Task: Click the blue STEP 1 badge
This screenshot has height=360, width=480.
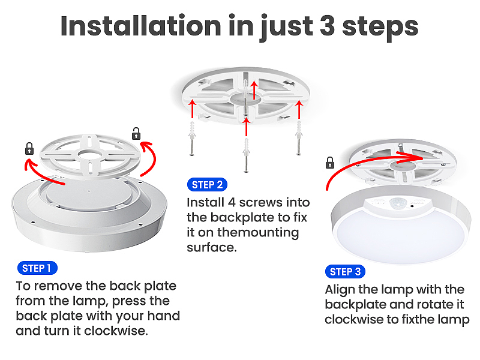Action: pyautogui.click(x=37, y=268)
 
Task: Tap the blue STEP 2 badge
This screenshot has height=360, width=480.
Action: pyautogui.click(x=207, y=185)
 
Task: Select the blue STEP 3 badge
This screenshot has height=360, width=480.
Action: pyautogui.click(x=345, y=272)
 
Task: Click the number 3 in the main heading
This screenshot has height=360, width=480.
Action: pyautogui.click(x=327, y=26)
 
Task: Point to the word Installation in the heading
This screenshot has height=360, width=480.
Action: pyautogui.click(x=141, y=26)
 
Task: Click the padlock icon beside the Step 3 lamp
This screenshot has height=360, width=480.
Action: pyautogui.click(x=329, y=163)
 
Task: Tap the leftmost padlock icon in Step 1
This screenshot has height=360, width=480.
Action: pyautogui.click(x=29, y=148)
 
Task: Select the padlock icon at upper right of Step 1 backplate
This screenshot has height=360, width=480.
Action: pyautogui.click(x=136, y=134)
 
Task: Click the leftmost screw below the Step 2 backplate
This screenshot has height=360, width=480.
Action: pyautogui.click(x=192, y=139)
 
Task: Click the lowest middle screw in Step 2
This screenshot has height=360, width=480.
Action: pyautogui.click(x=246, y=155)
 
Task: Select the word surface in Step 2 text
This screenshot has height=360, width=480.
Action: pyautogui.click(x=212, y=247)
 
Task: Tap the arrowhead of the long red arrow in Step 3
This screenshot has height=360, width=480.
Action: pyautogui.click(x=416, y=157)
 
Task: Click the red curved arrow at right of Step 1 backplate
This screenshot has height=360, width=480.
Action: pyautogui.click(x=149, y=158)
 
